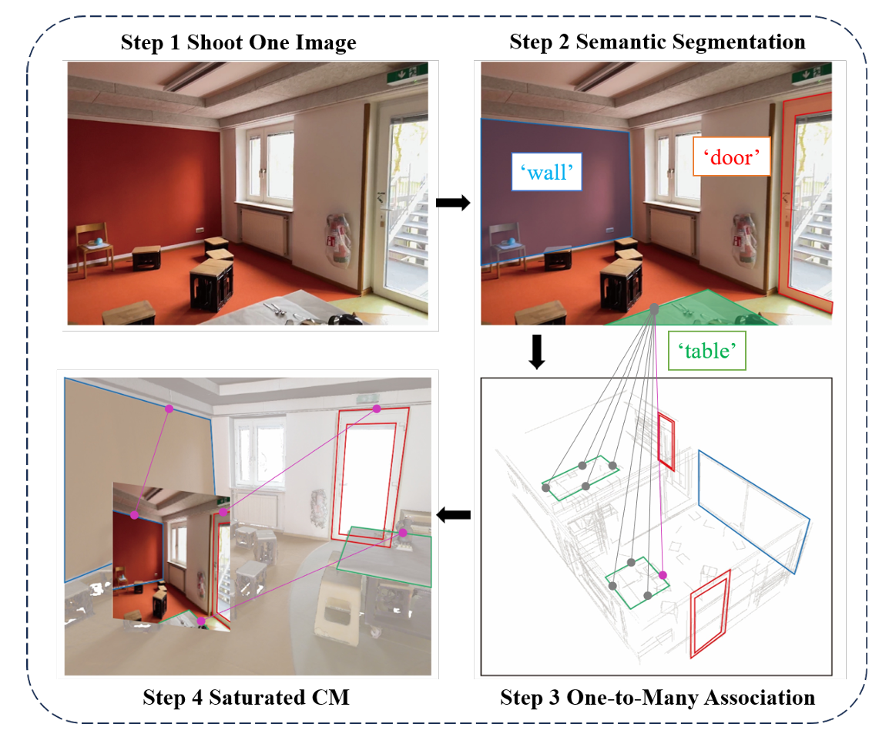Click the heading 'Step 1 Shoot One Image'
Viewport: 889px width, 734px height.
[x=238, y=42]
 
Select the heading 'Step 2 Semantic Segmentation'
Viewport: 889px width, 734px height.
[x=657, y=42]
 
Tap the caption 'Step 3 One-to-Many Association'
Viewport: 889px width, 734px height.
[x=657, y=698]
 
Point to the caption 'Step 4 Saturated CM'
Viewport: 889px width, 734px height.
[x=246, y=698]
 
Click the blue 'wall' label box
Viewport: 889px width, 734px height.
[x=546, y=173]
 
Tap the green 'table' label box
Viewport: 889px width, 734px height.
[x=706, y=351]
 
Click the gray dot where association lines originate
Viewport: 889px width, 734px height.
[x=654, y=308]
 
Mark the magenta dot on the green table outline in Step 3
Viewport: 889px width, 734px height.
[x=663, y=575]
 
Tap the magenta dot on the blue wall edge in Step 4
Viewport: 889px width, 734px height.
[x=169, y=406]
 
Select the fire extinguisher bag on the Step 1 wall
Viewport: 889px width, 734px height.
[x=338, y=241]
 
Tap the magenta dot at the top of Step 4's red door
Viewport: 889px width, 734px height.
[x=377, y=409]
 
